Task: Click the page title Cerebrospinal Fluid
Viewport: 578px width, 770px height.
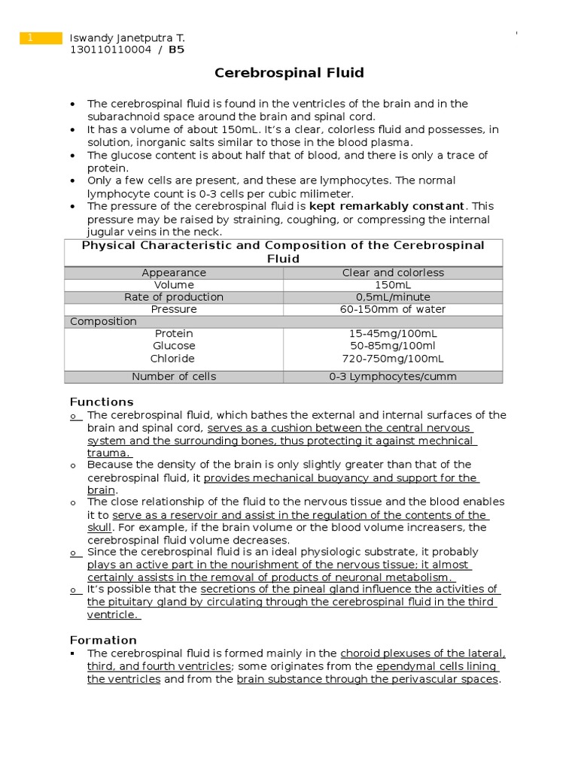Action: tap(289, 73)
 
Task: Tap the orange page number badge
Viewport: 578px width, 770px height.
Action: tap(41, 38)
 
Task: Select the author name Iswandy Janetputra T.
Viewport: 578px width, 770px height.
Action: tap(126, 38)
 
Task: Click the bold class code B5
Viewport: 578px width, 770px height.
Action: tap(176, 50)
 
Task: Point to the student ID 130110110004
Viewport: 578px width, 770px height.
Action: tap(110, 50)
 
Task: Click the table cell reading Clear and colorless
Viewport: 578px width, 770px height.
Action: tap(393, 273)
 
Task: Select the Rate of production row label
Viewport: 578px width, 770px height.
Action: tap(174, 297)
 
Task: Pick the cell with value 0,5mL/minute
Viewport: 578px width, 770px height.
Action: tap(393, 297)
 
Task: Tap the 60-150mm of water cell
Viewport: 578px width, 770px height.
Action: tap(393, 309)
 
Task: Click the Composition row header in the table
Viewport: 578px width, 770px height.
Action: tap(103, 321)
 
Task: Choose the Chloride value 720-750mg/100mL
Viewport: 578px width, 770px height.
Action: tap(393, 359)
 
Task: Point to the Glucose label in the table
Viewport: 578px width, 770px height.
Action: tap(174, 346)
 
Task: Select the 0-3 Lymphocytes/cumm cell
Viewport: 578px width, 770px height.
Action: tap(393, 377)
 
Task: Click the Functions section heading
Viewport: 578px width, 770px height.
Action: tap(102, 402)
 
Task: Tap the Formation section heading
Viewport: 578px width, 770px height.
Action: tap(103, 640)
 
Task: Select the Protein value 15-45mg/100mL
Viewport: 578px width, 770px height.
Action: tap(393, 333)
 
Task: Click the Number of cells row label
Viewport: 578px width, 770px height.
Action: tap(174, 377)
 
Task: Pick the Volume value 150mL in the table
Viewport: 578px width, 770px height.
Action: tap(393, 285)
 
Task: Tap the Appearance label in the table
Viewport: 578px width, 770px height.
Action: tap(174, 273)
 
